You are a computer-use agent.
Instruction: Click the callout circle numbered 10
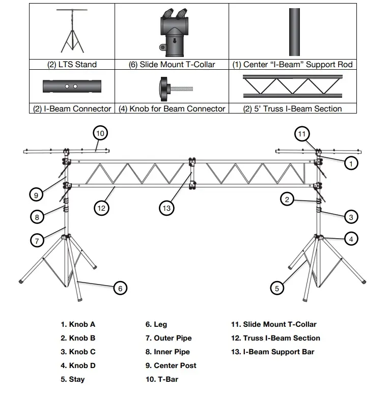pos(100,133)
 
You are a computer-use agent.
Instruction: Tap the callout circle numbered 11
pos(302,134)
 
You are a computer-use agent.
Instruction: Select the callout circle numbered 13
pos(166,207)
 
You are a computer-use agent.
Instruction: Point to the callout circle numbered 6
pos(120,288)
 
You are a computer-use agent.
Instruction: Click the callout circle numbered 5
pos(276,288)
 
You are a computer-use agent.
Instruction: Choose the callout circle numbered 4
pos(351,238)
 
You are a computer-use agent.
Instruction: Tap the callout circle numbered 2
pos(287,200)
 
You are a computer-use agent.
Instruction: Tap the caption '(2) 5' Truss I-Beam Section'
pos(293,108)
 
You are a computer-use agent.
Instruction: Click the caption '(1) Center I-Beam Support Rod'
pos(293,65)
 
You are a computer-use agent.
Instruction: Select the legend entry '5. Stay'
pos(73,379)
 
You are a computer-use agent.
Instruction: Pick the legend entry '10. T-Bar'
pos(162,379)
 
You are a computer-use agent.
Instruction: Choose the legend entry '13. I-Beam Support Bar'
pos(273,352)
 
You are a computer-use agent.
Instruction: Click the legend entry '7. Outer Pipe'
pos(169,338)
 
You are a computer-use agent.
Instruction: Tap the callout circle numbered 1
pos(351,163)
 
